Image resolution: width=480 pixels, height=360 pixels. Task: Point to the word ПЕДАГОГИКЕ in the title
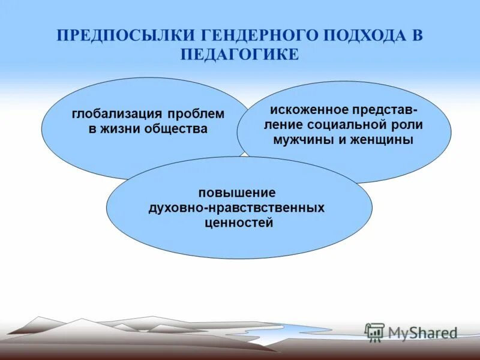239,54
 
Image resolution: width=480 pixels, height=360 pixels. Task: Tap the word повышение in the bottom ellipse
237,193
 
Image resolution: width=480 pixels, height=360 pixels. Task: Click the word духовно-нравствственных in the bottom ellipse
237,208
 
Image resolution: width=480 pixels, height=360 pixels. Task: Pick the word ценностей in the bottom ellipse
237,223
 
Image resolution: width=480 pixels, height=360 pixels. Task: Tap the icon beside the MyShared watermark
374,332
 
